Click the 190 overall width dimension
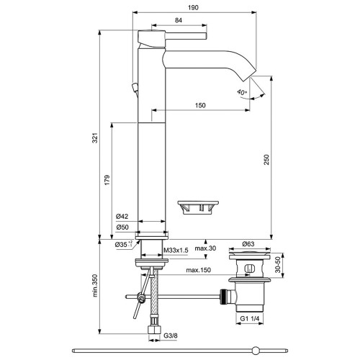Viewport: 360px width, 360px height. click(193, 8)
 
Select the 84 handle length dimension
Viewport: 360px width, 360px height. click(179, 20)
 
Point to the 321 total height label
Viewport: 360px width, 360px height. click(95, 138)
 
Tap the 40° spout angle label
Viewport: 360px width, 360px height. click(242, 92)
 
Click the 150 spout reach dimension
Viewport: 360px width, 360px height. click(200, 105)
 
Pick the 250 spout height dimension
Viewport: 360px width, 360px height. click(266, 160)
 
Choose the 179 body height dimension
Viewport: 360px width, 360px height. click(107, 180)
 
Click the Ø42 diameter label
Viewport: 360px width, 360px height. click(122, 216)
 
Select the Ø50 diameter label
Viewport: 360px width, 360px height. click(122, 227)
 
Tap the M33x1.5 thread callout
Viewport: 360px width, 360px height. click(176, 251)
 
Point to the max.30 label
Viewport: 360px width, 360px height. click(205, 248)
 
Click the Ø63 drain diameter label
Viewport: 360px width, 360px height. click(248, 244)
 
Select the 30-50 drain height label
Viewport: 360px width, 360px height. click(278, 265)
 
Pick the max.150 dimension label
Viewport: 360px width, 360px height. click(199, 270)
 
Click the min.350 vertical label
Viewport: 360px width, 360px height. click(95, 286)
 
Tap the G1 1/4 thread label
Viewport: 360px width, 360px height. click(250, 318)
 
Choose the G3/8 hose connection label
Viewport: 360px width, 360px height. click(171, 336)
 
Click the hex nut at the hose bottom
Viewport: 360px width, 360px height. click(154, 329)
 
